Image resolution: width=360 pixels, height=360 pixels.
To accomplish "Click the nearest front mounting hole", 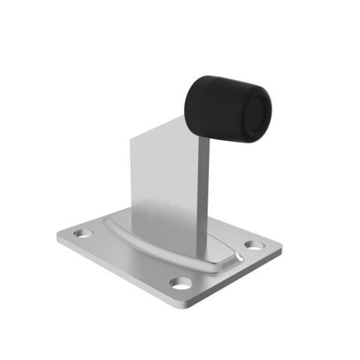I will click(x=181, y=283).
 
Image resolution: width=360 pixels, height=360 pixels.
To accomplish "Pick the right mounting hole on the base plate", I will click(x=254, y=246).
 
